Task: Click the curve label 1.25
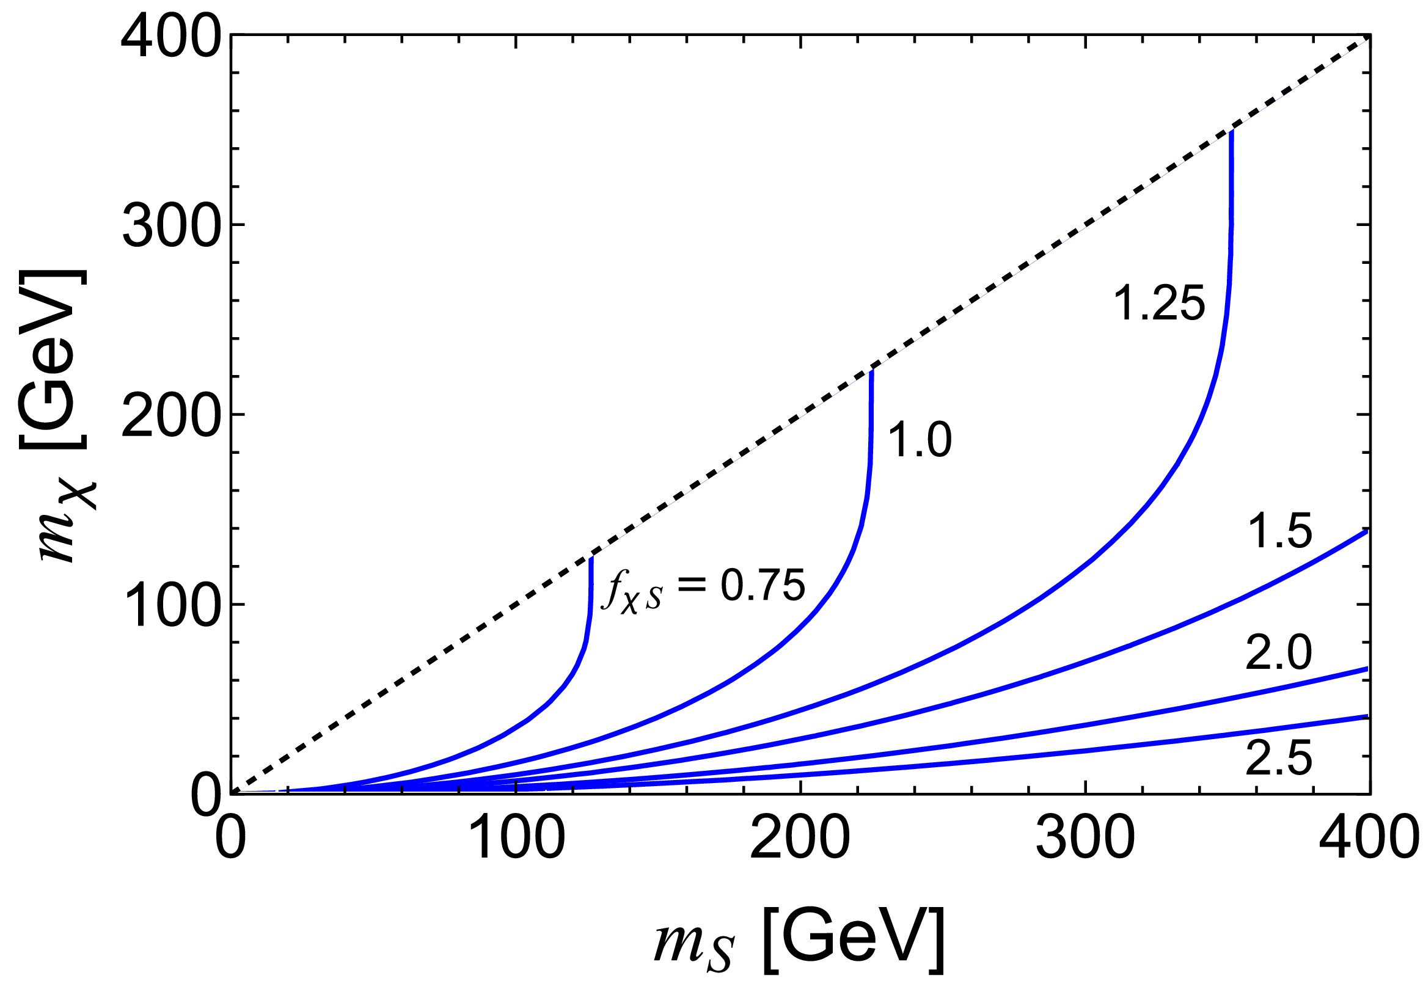click(x=1158, y=304)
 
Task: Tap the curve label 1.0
click(x=920, y=440)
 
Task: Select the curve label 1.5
click(x=1279, y=531)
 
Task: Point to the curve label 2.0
click(x=1278, y=653)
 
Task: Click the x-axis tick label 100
click(x=517, y=839)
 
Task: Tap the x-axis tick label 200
click(x=800, y=839)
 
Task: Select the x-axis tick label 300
click(x=1085, y=839)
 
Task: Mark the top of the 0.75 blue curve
click(x=591, y=559)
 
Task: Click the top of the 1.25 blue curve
click(x=1231, y=133)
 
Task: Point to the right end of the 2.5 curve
click(x=1367, y=716)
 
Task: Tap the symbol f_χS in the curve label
click(x=631, y=590)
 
